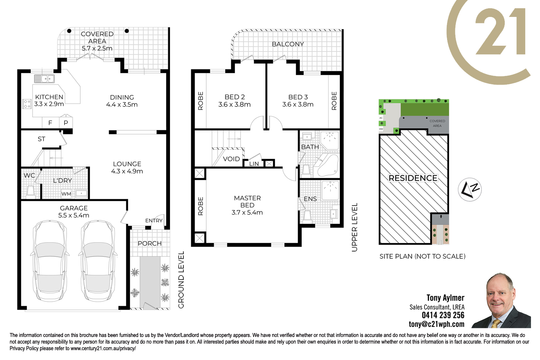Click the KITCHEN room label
[49, 97]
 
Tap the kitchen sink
[44, 78]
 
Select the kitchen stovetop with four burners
[27, 104]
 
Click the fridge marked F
[50, 123]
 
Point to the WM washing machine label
[66, 194]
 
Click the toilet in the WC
[31, 192]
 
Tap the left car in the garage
[50, 261]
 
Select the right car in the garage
[98, 261]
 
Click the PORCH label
[150, 243]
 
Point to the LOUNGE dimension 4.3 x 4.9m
[127, 171]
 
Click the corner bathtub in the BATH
[328, 165]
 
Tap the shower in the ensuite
[330, 190]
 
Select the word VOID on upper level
[231, 159]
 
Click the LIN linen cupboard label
[254, 164]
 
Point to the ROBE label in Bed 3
[334, 101]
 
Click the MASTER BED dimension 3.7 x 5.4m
[247, 212]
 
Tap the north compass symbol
[470, 189]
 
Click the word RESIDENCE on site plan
[413, 178]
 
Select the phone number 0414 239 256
[443, 315]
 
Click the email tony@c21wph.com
[437, 324]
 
